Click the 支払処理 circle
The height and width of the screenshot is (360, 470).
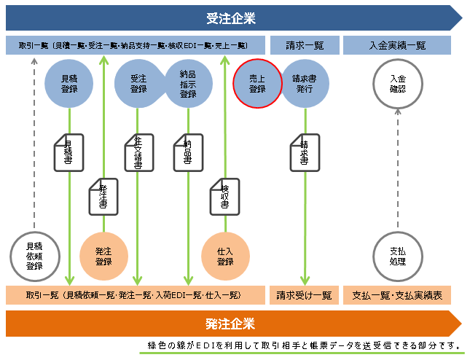[398, 256]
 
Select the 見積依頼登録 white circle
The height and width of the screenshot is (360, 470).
[34, 256]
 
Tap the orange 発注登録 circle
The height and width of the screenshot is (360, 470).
[103, 256]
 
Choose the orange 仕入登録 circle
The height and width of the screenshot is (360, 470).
[224, 256]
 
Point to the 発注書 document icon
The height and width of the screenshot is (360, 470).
[103, 196]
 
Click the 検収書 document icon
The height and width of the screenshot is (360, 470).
[224, 196]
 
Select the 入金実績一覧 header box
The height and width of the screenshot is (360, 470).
[397, 45]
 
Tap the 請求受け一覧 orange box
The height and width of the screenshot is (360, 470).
[304, 295]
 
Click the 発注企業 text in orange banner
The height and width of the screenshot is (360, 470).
[230, 324]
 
